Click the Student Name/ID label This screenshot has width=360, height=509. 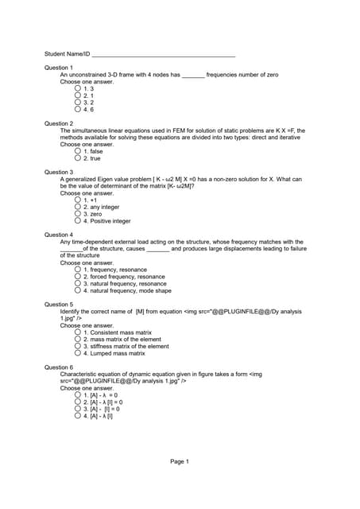[x=67, y=54]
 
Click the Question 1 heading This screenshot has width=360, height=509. [x=58, y=68]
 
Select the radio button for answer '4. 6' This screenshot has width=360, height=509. [x=78, y=110]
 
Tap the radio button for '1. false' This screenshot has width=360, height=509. [x=78, y=151]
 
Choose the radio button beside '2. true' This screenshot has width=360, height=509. [x=78, y=158]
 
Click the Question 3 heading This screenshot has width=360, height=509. [x=58, y=172]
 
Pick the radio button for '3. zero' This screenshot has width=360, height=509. [x=78, y=214]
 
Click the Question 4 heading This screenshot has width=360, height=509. [x=58, y=235]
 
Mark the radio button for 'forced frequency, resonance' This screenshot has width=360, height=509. [x=78, y=277]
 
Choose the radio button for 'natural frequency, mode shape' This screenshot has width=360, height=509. [x=78, y=291]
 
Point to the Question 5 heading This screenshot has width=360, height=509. [x=58, y=305]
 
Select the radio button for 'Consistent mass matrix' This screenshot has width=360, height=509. [x=78, y=332]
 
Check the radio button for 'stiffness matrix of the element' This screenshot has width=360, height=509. [x=78, y=347]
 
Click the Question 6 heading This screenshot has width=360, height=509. [x=58, y=367]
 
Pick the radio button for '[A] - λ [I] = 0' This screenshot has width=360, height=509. [x=78, y=402]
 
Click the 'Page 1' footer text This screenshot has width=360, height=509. [x=180, y=461]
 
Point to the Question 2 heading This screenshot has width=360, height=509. [x=58, y=123]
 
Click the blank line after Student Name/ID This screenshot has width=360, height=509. [x=164, y=55]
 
